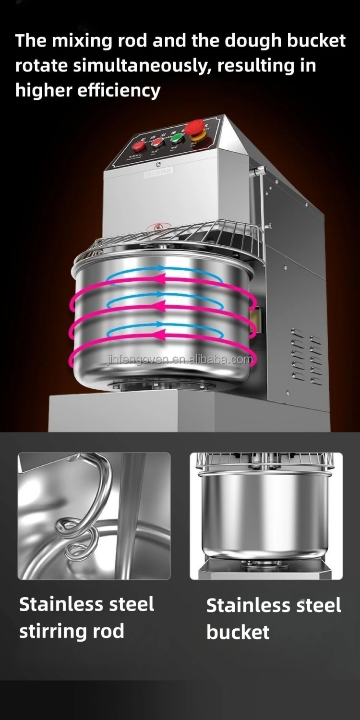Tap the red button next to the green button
[157, 142]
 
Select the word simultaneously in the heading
[143, 66]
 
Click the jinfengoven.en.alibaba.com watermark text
[179, 360]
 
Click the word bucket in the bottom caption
[238, 632]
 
